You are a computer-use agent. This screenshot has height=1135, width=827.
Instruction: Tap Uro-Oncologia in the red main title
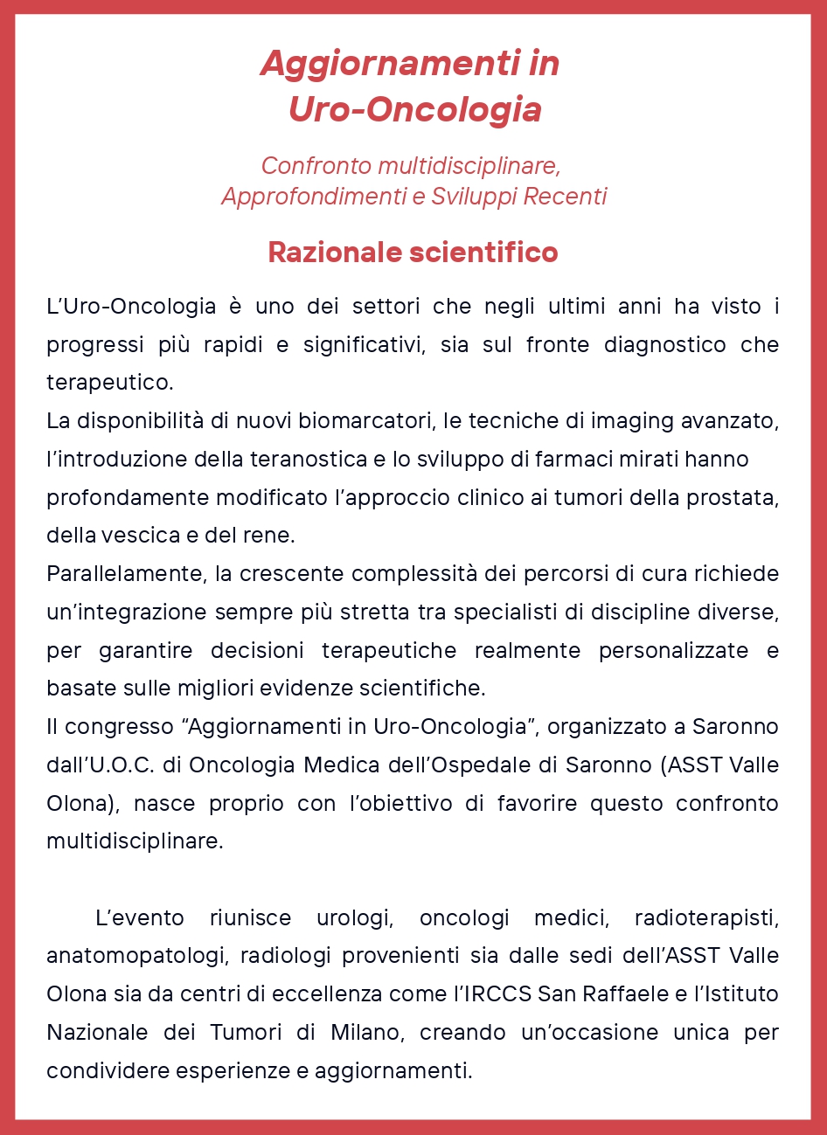click(414, 109)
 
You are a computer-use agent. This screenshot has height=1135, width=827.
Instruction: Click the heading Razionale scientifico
click(413, 253)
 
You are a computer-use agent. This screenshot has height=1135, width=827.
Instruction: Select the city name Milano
click(366, 1033)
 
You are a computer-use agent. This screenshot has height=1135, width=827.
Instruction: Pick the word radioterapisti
click(705, 918)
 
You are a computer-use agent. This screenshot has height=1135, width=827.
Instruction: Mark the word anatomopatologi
click(137, 956)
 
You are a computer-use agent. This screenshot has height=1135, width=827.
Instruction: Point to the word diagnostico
click(664, 344)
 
